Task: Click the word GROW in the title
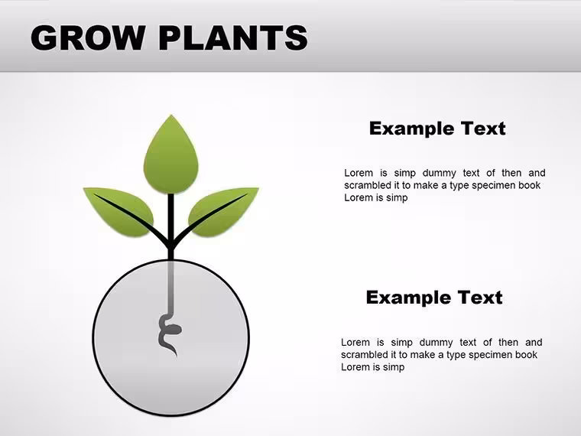click(88, 37)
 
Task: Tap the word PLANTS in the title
click(233, 37)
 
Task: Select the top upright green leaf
click(170, 155)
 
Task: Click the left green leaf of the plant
click(118, 212)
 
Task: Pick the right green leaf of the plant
click(223, 212)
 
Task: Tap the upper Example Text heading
click(437, 129)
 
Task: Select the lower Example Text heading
click(434, 298)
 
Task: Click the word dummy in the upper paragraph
click(439, 173)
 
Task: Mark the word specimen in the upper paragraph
click(494, 185)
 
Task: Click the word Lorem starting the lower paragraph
click(355, 342)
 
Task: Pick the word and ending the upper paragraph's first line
click(537, 173)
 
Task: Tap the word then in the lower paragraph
click(508, 342)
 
